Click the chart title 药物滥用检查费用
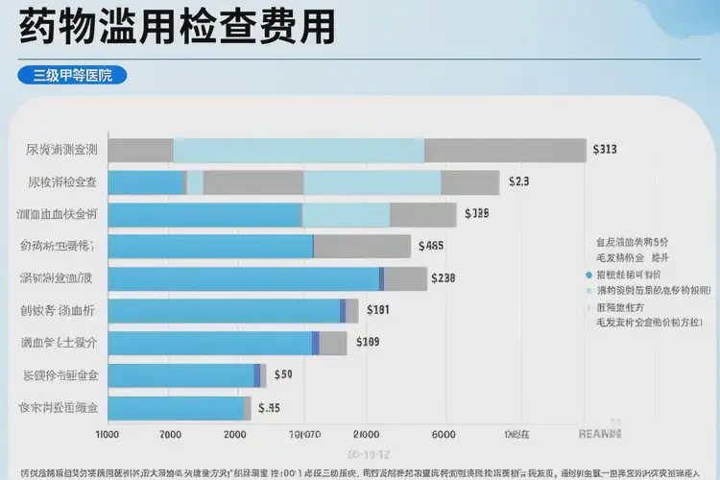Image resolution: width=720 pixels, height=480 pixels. tap(177, 27)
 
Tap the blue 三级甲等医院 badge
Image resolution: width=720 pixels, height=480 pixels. tap(73, 75)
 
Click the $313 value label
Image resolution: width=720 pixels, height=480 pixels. tap(605, 150)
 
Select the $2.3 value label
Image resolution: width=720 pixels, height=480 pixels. tap(518, 181)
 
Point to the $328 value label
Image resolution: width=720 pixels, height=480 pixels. tap(476, 213)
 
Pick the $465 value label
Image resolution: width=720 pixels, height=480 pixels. tap(431, 246)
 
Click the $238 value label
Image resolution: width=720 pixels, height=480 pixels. tap(443, 278)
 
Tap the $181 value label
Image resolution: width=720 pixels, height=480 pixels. tap(377, 310)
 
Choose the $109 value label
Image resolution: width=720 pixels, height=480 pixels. tap(368, 342)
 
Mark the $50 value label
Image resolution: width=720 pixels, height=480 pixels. tap(283, 374)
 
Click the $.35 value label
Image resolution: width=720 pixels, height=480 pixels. tap(269, 407)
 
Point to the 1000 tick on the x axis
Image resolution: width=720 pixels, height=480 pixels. tap(108, 433)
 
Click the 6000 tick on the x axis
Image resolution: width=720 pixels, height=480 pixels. tap(443, 433)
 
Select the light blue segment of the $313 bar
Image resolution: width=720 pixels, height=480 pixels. tap(299, 150)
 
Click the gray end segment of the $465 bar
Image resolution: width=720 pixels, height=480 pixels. tap(362, 247)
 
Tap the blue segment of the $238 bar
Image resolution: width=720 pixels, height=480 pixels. tap(244, 278)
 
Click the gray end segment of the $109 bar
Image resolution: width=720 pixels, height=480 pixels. tap(333, 343)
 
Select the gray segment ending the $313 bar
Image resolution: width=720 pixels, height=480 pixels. tap(505, 150)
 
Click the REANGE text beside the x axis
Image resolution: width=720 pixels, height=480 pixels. tap(600, 434)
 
